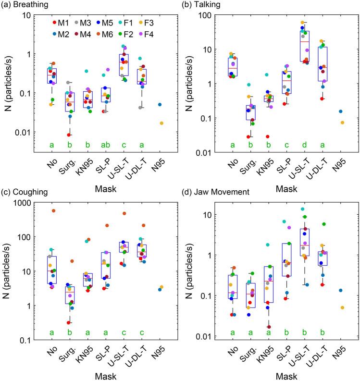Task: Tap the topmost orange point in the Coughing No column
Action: [53, 210]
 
